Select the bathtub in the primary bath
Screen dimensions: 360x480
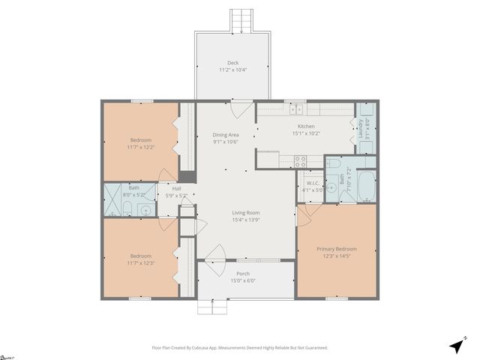(367, 186)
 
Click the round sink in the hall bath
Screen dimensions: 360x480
(144, 209)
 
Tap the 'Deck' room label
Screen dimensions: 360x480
(232, 63)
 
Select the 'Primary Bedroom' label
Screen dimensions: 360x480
(336, 249)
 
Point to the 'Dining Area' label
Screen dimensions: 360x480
(225, 135)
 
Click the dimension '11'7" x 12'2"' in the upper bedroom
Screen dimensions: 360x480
(140, 147)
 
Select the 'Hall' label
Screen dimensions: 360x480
(177, 189)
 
